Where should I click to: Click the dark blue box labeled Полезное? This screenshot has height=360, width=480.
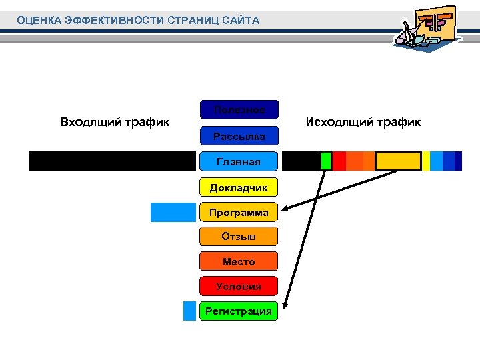(x=239, y=109)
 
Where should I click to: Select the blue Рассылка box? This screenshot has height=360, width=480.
(x=239, y=136)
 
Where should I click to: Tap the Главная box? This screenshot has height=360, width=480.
(x=239, y=161)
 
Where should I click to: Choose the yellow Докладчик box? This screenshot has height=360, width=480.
(x=239, y=187)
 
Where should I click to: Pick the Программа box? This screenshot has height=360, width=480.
(x=239, y=213)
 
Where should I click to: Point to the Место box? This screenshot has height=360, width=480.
(x=239, y=262)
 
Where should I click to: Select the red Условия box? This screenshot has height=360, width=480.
(x=239, y=287)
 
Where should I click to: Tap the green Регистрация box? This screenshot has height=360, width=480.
(x=239, y=311)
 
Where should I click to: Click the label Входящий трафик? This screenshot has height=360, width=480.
(x=115, y=122)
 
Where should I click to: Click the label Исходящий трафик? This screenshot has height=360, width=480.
(x=363, y=122)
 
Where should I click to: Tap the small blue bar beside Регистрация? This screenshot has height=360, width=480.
(x=190, y=311)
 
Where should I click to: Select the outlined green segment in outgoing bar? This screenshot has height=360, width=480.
(x=326, y=161)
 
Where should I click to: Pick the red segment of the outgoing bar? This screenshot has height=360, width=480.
(x=339, y=161)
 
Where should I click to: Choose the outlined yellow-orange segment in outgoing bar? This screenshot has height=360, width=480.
(x=398, y=161)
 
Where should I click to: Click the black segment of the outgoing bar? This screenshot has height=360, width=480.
(x=301, y=161)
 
